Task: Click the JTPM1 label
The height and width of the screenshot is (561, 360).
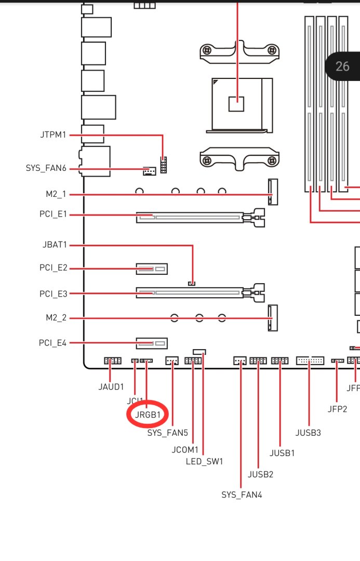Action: click(53, 135)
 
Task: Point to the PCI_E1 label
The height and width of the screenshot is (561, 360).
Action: click(54, 214)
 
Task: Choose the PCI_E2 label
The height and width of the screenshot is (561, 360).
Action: click(54, 268)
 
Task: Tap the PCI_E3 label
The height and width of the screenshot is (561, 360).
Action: click(54, 293)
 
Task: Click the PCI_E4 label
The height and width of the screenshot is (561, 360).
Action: click(54, 343)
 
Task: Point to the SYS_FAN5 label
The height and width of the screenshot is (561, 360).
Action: click(167, 432)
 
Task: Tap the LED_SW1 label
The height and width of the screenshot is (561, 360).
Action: click(204, 461)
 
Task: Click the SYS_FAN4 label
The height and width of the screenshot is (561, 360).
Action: click(242, 495)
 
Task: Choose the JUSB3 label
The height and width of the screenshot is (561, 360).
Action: click(309, 432)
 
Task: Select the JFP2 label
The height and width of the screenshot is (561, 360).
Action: click(337, 409)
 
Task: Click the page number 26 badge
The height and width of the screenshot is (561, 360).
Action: click(343, 66)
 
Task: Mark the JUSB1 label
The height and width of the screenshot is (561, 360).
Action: click(282, 452)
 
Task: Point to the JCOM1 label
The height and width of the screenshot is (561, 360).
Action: click(185, 449)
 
